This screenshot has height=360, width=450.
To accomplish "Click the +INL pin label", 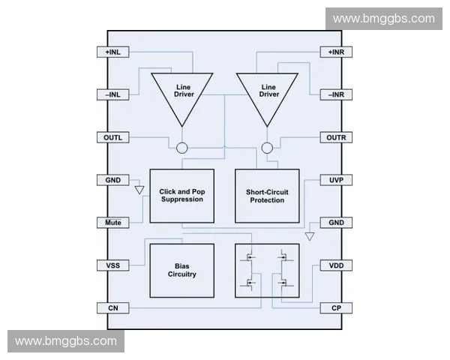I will (113, 52).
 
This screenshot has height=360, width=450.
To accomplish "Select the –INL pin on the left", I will (113, 95).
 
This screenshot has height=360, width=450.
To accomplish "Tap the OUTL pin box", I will (113, 138).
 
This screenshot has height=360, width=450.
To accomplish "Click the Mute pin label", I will (113, 223).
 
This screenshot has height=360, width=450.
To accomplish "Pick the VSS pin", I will (113, 265).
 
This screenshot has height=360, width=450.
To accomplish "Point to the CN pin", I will (113, 308).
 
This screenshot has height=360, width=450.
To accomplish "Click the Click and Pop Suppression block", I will (181, 196).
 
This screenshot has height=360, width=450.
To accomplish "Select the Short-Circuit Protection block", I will (267, 196).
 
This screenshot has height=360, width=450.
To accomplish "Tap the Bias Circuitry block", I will (181, 271).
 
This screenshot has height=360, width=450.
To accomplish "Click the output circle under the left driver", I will (182, 148).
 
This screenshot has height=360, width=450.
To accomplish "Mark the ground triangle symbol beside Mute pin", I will (139, 190).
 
